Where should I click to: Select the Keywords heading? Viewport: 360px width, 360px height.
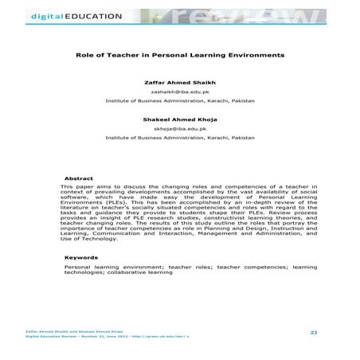tap(82, 257)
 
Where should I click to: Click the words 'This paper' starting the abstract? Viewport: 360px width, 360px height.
tap(79, 186)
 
